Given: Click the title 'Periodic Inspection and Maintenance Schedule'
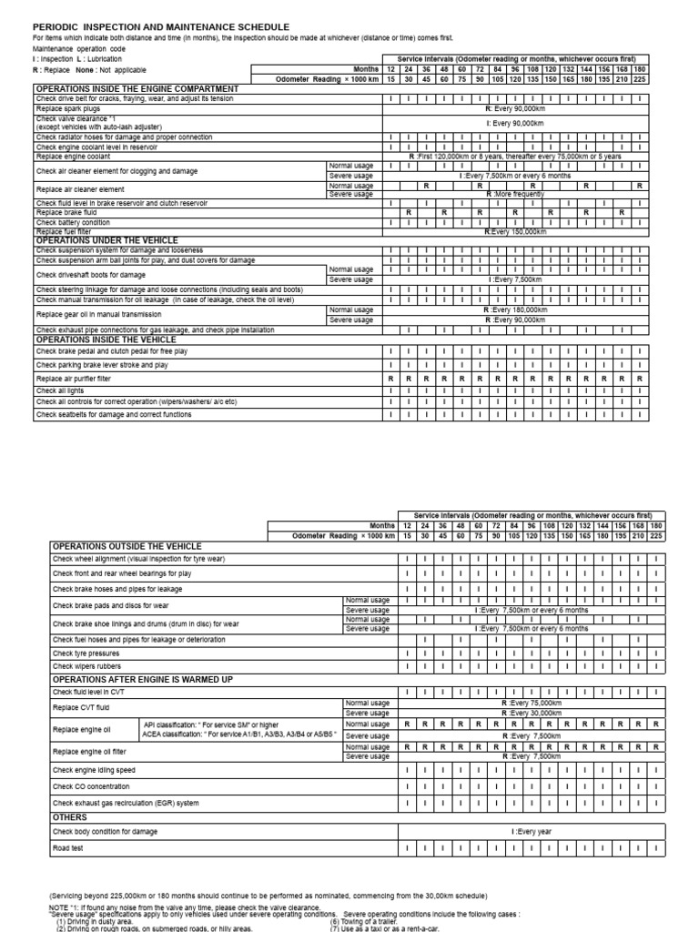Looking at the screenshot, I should point(161,28).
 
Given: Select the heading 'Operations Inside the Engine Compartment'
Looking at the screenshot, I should point(137,88).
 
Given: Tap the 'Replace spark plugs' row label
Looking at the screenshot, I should point(68,107).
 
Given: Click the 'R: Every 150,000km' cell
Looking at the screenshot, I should point(515,232).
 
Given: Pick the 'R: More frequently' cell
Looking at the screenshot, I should point(515,194).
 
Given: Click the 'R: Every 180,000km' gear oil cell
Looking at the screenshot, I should point(515,309).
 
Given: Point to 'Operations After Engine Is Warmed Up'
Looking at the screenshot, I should point(143,679).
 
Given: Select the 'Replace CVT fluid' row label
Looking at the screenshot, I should point(83,708).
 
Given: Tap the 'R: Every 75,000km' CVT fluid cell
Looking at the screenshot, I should point(534,704).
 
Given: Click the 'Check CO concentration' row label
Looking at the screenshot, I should point(90,785).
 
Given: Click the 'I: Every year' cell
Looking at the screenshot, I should point(534,832).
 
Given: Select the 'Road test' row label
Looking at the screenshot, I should point(69,848).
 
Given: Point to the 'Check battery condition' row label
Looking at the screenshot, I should point(74,222).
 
